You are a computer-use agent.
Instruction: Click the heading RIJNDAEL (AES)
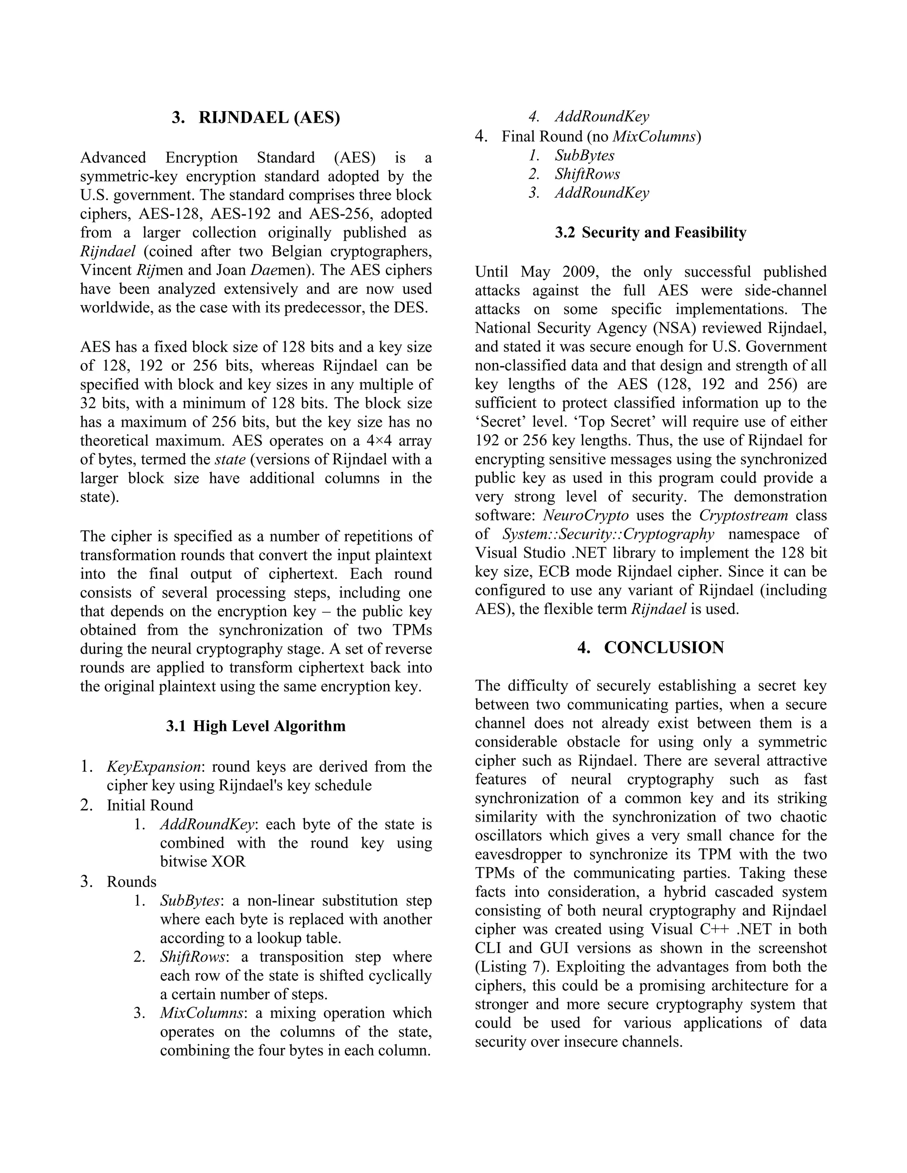pos(269,118)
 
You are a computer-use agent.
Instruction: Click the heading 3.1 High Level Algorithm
pos(256,726)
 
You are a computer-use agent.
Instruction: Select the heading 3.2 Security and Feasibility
pos(651,232)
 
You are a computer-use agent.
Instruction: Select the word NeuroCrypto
pos(585,516)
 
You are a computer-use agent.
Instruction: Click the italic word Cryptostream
pos(743,516)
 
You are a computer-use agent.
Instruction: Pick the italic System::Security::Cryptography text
pos(608,534)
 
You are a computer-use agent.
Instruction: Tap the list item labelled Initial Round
pos(149,806)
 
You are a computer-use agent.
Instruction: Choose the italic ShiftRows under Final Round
pos(587,174)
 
